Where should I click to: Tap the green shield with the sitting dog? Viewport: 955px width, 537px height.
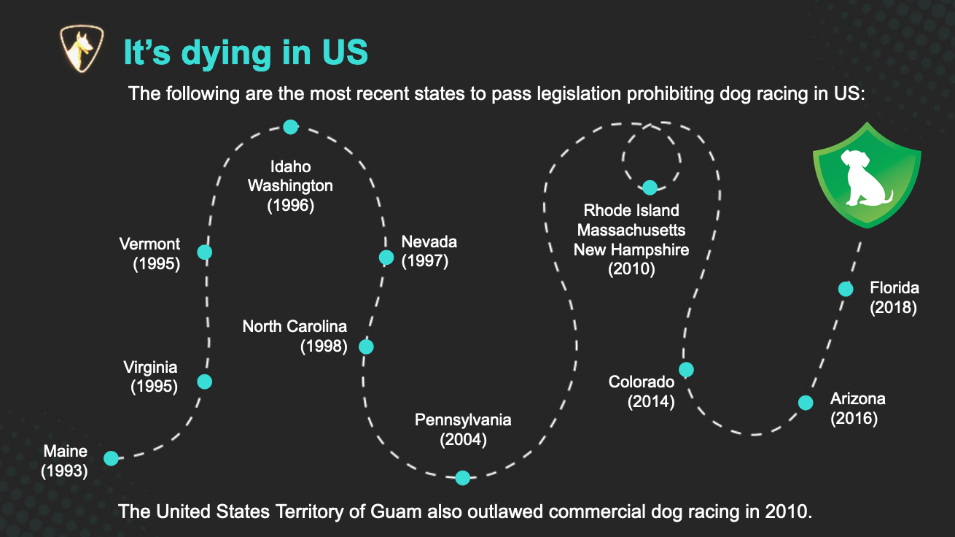[x=867, y=175]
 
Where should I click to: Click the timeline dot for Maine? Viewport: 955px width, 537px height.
[x=111, y=458]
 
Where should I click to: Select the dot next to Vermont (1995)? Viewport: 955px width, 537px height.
[x=205, y=252]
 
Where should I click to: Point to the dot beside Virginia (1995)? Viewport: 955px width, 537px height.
[x=205, y=382]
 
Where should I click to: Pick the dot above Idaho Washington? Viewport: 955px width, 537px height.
[x=291, y=127]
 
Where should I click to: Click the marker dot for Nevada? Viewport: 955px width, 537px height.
[x=386, y=258]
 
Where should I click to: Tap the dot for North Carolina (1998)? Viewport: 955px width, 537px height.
[x=366, y=347]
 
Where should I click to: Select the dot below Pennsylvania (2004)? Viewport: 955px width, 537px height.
[x=462, y=478]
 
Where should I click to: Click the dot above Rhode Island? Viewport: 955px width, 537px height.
[x=650, y=188]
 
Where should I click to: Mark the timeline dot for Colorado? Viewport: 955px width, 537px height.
[x=686, y=370]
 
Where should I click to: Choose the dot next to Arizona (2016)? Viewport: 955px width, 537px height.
[x=806, y=403]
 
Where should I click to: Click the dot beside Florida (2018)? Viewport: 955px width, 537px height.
[x=846, y=289]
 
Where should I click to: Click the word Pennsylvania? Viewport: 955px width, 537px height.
[x=463, y=420]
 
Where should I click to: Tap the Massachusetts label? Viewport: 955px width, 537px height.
[x=631, y=230]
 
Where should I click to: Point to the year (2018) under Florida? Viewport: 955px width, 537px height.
[x=893, y=307]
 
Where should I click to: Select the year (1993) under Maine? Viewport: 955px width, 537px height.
[x=65, y=471]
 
